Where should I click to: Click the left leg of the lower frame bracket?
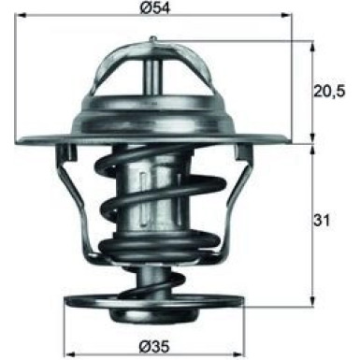[84, 215]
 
